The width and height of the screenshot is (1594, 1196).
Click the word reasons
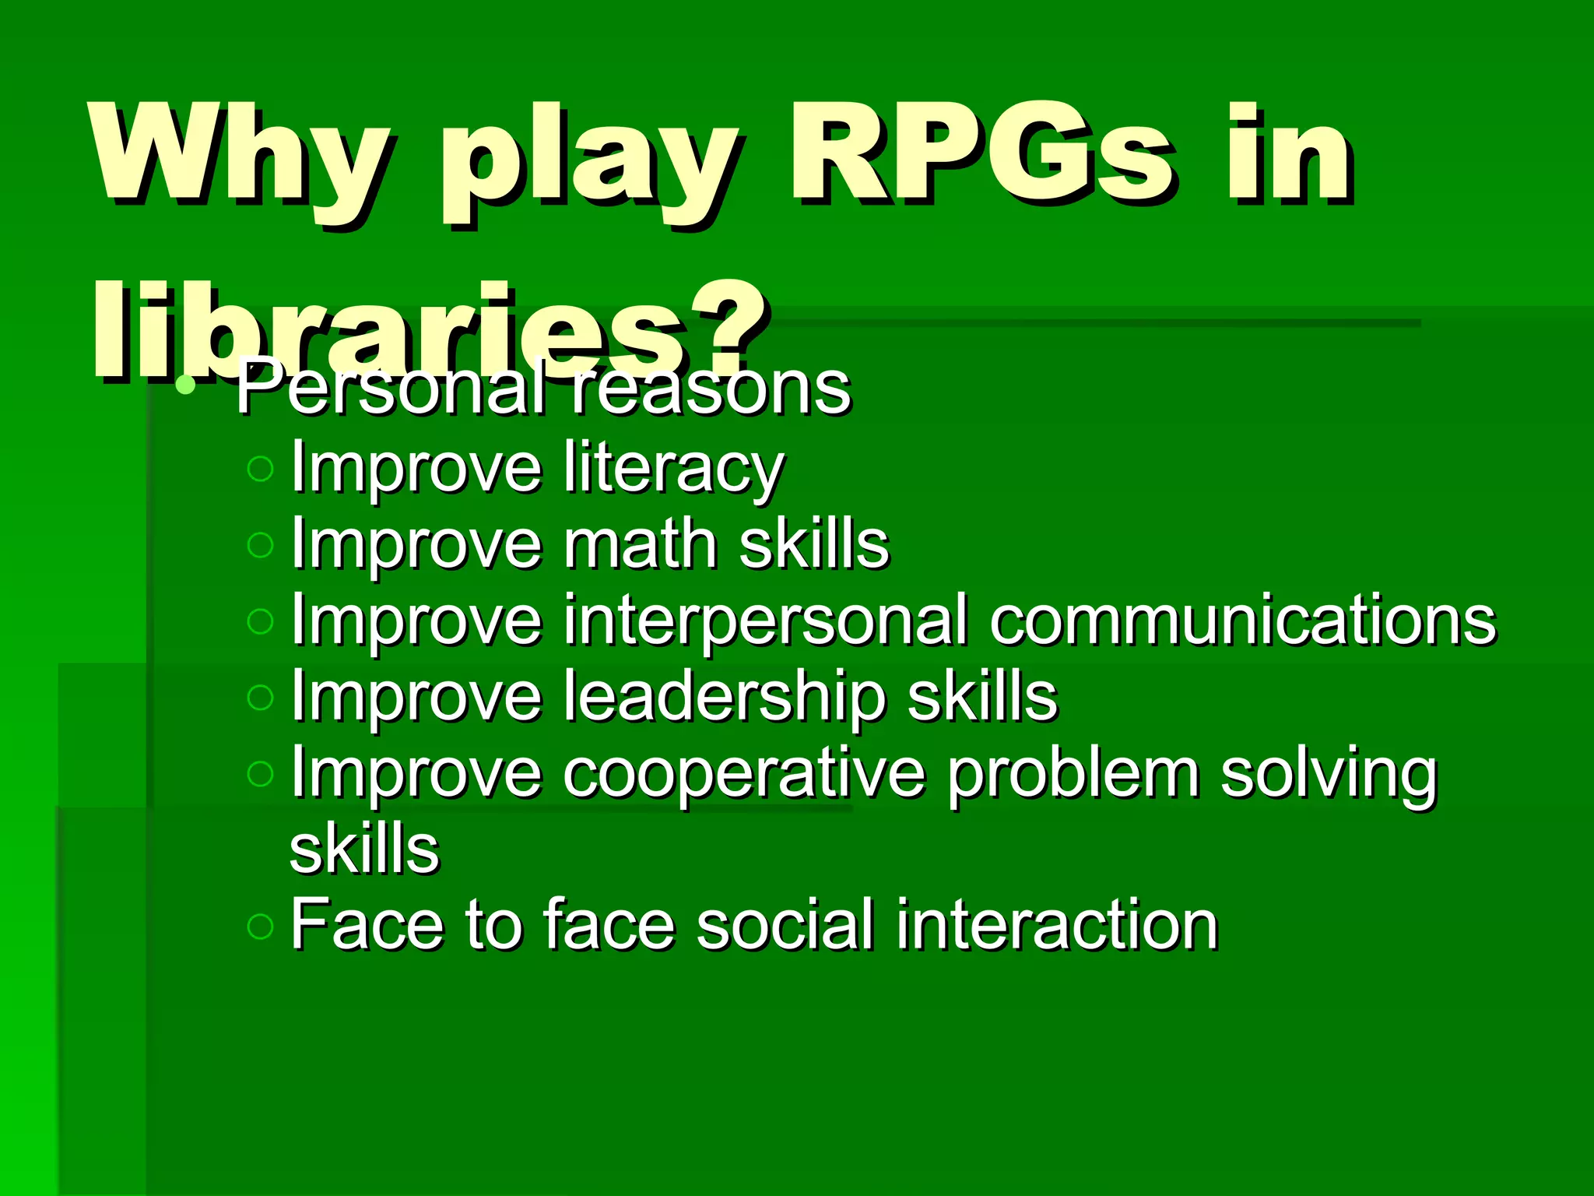point(711,389)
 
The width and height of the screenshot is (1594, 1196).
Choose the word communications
point(1242,620)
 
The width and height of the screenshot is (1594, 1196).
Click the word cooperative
point(743,774)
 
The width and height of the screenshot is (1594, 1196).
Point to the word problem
point(1073,774)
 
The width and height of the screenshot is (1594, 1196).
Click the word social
point(785,925)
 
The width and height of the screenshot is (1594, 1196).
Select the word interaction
point(1056,925)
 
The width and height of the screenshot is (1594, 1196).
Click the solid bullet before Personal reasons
point(185,384)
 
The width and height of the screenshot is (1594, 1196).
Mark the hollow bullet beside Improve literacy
point(260,469)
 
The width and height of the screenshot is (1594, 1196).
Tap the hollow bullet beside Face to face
point(260,926)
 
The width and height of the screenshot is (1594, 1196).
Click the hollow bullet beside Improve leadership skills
point(260,697)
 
